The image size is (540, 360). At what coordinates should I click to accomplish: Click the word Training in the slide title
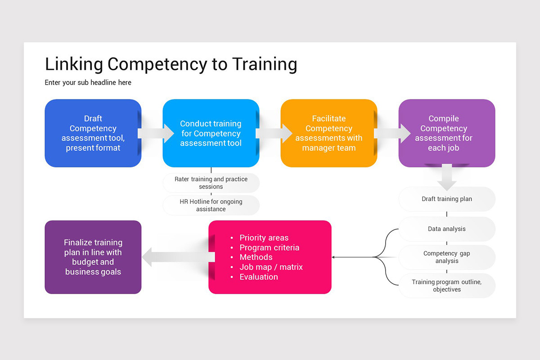coord(265,64)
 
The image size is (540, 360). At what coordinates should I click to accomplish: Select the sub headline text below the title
coord(88,82)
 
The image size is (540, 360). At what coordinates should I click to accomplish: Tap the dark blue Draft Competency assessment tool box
coord(93,133)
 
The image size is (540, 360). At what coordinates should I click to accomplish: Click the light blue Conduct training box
coord(211,133)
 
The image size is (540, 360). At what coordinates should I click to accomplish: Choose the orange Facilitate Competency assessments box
coord(328,133)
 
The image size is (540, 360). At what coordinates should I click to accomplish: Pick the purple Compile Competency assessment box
coord(446,133)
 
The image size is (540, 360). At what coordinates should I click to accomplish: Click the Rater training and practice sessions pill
coord(211,183)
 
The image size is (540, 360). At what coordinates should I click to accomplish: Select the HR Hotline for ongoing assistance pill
coord(211,205)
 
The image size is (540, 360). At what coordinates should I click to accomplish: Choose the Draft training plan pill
coord(447,199)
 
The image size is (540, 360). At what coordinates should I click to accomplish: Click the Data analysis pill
coord(447,229)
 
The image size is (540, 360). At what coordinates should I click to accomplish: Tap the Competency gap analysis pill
coord(447,257)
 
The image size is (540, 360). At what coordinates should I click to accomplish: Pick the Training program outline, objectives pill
coord(447,286)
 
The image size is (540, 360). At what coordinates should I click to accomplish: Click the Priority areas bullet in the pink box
coord(264,238)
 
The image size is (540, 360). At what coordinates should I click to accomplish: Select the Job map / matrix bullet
coord(271,267)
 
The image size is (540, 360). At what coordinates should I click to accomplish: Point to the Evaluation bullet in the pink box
coord(259,277)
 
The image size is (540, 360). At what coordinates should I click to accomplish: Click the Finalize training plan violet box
coord(93,257)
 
